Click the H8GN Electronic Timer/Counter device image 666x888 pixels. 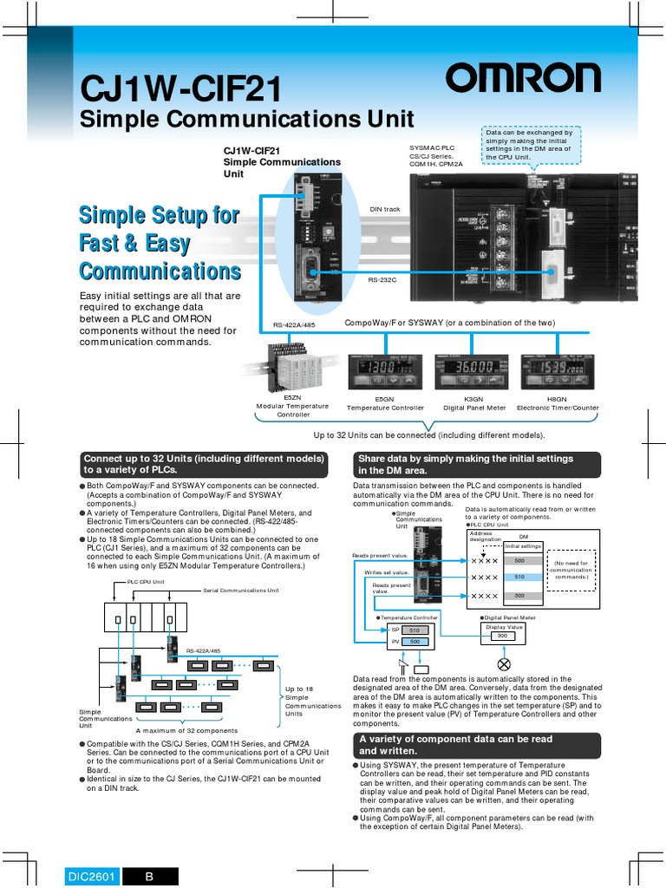tap(558, 372)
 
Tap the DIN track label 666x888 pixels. tap(385, 209)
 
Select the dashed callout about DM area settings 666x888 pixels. tap(531, 144)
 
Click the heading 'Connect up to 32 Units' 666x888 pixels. tap(204, 464)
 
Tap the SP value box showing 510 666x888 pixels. tap(415, 630)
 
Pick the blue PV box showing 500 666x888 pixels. tap(415, 641)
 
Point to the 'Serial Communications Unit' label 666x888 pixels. tap(241, 590)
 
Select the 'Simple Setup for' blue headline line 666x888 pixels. tap(160, 215)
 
